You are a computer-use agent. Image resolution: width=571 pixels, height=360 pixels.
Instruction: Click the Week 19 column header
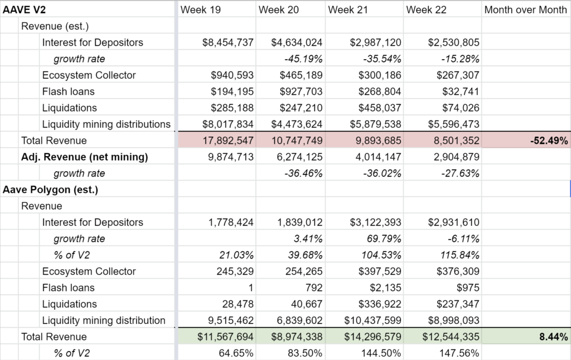(200, 10)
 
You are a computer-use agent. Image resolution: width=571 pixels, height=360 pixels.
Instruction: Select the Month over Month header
(525, 10)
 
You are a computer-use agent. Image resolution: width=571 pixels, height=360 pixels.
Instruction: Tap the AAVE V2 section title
(24, 10)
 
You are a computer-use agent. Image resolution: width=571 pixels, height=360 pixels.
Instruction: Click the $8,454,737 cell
(228, 42)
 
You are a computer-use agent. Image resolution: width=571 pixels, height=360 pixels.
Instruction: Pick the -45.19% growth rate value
(303, 59)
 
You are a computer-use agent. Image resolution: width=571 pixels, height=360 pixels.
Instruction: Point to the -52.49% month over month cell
(549, 140)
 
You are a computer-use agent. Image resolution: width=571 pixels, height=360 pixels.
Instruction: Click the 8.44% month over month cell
(554, 337)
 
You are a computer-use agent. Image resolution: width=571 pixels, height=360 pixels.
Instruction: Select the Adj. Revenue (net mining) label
(85, 157)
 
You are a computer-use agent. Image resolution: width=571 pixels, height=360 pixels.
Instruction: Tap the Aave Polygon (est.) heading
(50, 189)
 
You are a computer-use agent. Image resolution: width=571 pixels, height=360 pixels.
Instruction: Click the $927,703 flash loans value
(301, 91)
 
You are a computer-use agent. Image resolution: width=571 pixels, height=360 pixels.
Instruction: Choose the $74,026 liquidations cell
(461, 108)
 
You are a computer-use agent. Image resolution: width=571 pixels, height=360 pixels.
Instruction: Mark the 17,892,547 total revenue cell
(228, 140)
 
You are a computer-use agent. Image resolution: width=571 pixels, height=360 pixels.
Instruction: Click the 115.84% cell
(459, 255)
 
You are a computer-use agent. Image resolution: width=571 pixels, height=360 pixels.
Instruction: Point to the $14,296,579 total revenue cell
(372, 337)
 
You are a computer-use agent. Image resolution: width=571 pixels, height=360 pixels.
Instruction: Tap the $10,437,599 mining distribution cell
(372, 320)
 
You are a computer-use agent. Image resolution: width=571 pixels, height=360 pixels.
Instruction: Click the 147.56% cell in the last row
(459, 353)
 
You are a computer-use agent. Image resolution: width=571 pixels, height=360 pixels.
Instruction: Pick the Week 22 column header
(426, 10)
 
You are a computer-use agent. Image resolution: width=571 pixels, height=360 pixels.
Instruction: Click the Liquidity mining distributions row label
(107, 124)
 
